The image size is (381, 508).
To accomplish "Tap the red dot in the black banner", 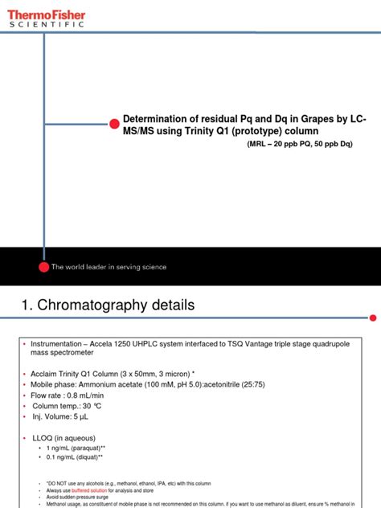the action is pyautogui.click(x=44, y=266).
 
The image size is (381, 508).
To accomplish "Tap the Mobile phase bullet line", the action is pyautogui.click(x=145, y=387).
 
